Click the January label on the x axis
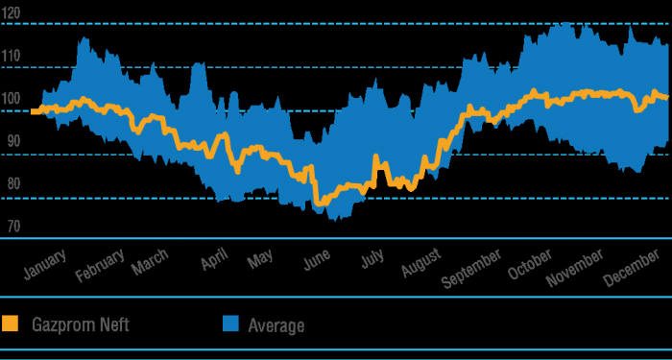coord(44,265)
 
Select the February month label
coord(100,266)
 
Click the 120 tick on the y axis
coord(13,12)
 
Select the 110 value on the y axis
coord(13,57)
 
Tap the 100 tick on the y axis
coord(13,99)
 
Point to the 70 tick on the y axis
coord(12,228)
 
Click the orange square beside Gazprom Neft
coord(11,324)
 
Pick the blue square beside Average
coord(230,324)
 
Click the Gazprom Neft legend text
coord(82,324)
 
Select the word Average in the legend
coord(276,325)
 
